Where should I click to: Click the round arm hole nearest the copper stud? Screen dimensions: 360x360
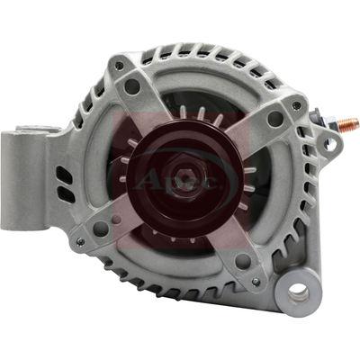pyautogui.click(x=275, y=118)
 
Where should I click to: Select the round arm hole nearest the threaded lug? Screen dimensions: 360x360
pyautogui.click(x=242, y=261)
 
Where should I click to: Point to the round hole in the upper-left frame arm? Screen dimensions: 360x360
pyautogui.click(x=132, y=86)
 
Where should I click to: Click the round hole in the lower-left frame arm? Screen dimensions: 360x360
pyautogui.click(x=100, y=229)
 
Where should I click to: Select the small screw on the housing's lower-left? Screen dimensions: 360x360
pyautogui.click(x=80, y=241)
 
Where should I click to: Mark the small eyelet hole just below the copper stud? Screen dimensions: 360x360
pyautogui.click(x=329, y=144)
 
